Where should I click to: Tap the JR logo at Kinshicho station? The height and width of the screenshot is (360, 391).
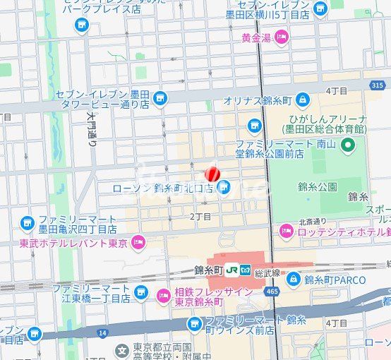(232, 270)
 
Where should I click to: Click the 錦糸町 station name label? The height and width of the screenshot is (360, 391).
(208, 270)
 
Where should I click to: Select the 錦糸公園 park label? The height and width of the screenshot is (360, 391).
(317, 187)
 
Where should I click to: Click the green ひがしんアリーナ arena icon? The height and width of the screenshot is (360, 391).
(347, 146)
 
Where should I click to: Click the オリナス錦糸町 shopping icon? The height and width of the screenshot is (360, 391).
(303, 100)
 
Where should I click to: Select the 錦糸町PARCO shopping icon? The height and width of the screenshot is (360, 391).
(294, 280)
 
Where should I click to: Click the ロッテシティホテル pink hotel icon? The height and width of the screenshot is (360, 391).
(286, 231)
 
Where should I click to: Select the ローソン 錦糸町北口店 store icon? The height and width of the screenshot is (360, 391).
(224, 188)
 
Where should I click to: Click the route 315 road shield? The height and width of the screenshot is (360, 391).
(378, 85)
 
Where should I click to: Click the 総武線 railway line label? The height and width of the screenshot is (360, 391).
(269, 270)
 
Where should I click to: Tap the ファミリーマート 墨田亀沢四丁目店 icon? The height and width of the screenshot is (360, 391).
(28, 223)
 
